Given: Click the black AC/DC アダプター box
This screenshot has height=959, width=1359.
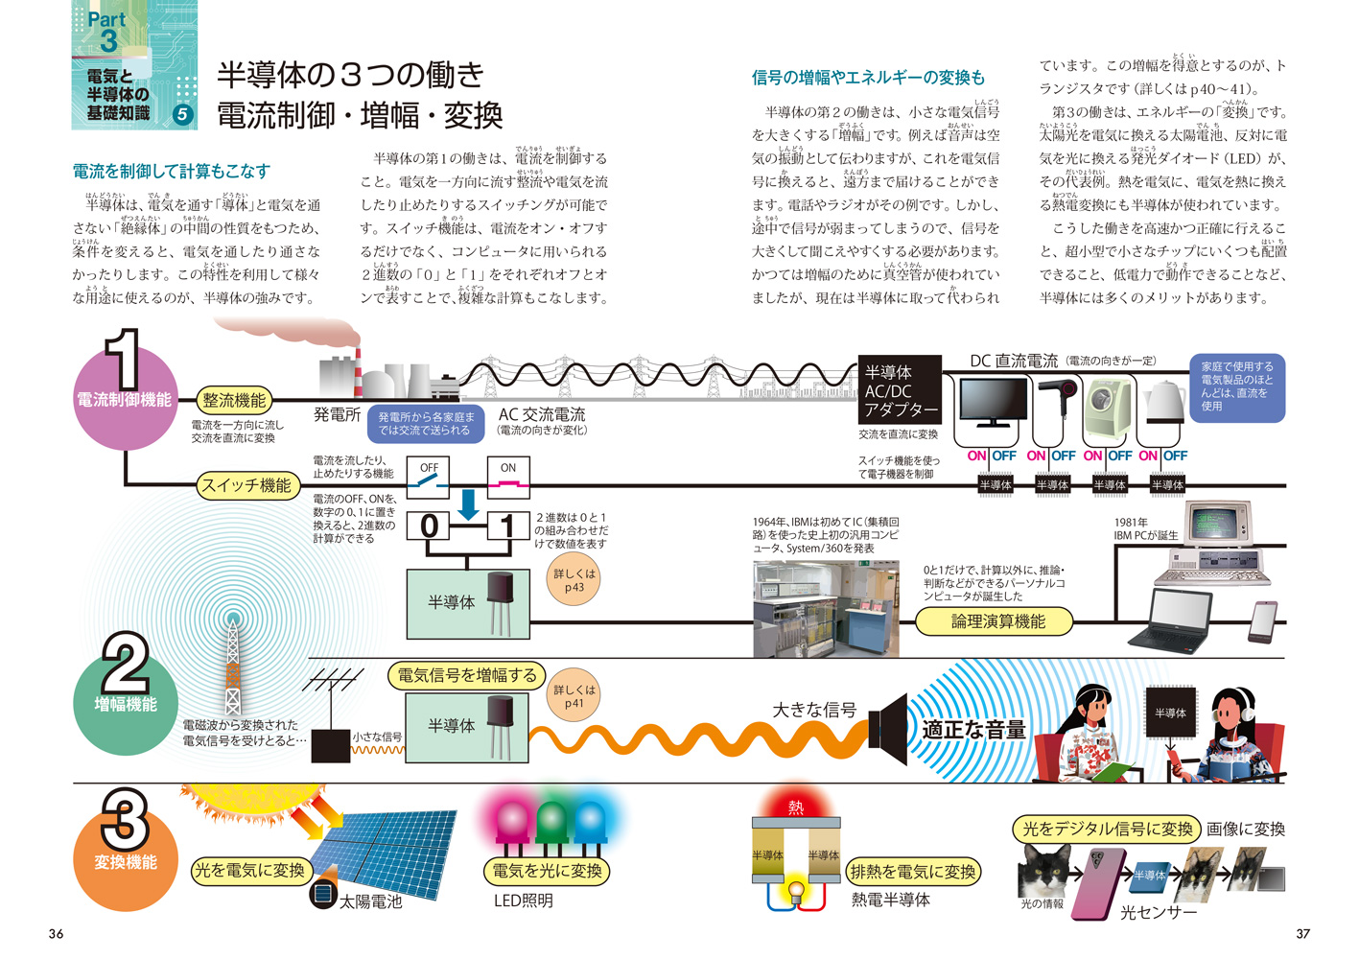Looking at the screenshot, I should click(x=900, y=390).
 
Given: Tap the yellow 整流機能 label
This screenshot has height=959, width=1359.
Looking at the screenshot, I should click(x=233, y=401).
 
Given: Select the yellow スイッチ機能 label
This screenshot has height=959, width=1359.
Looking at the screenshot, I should click(x=246, y=485).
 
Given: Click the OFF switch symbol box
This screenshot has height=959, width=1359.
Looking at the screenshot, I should click(x=429, y=477).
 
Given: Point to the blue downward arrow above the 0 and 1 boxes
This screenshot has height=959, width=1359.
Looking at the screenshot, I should click(x=469, y=504).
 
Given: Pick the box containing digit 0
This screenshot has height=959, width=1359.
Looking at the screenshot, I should click(x=430, y=526).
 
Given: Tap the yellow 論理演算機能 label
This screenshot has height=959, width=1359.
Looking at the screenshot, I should click(x=997, y=621).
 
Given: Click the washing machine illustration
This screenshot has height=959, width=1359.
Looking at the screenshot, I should click(x=1110, y=409).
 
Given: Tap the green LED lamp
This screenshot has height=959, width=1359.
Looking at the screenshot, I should click(x=551, y=824).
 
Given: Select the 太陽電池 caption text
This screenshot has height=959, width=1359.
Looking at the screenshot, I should click(x=370, y=901).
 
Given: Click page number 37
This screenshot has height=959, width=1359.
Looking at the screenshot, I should click(x=1302, y=933).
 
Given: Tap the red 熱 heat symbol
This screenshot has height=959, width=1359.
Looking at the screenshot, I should click(x=796, y=807).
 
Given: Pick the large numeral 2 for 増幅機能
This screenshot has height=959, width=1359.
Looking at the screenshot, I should click(x=126, y=663).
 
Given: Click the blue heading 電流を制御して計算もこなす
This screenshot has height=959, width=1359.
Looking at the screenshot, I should click(x=172, y=172).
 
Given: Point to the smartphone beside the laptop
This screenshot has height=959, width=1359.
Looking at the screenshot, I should click(x=1262, y=622).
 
